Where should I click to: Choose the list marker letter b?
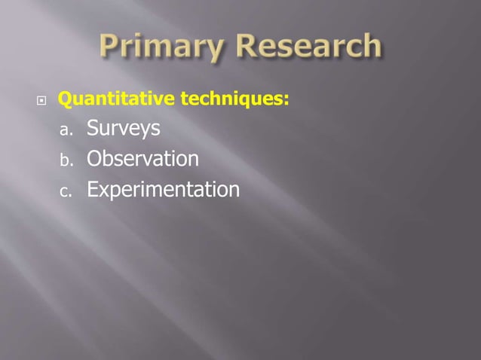65,160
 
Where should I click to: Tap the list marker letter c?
65,191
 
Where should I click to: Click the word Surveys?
123,130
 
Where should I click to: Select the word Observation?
142,160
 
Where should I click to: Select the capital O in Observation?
94,160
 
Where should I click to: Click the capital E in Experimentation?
92,189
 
